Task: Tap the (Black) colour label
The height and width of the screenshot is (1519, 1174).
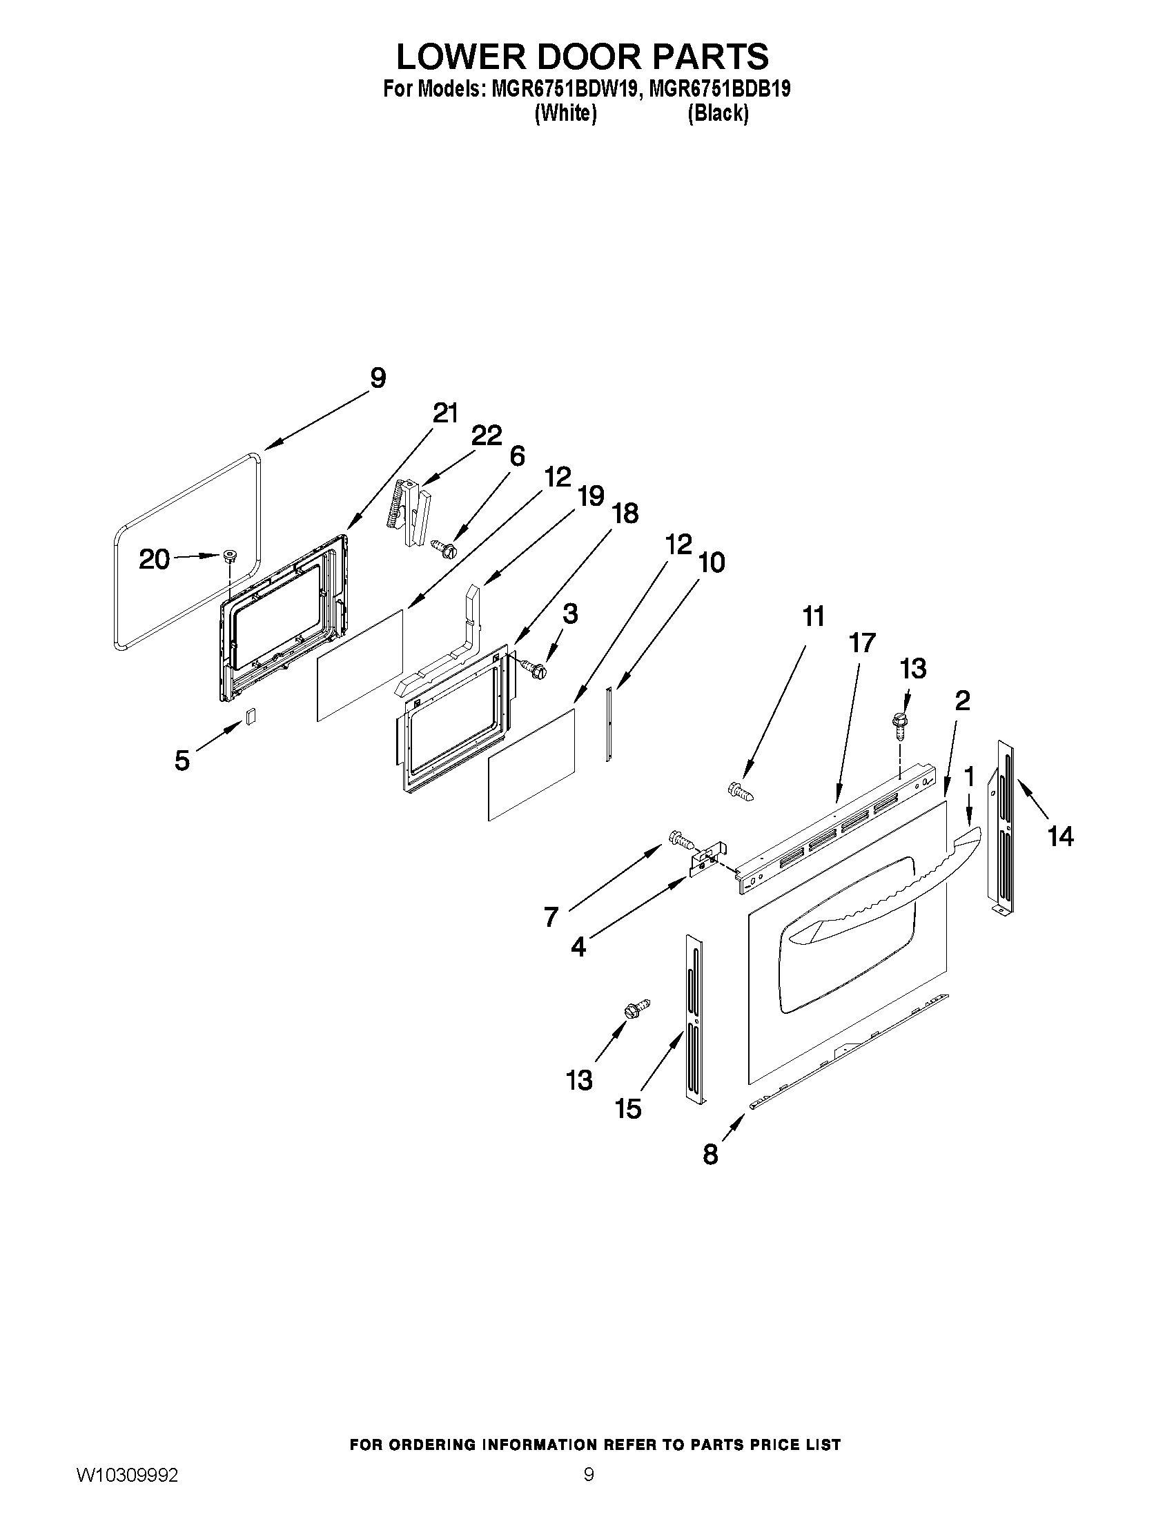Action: [x=718, y=113]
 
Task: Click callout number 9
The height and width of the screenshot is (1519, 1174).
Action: [x=378, y=378]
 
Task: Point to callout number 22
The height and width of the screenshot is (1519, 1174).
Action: [x=486, y=436]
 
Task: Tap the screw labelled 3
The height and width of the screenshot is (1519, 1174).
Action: [x=536, y=669]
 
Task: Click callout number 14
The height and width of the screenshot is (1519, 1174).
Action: [x=1061, y=836]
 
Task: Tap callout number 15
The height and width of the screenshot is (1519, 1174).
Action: [x=628, y=1108]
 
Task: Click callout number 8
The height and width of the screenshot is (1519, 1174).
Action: [x=710, y=1155]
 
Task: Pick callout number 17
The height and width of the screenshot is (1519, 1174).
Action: [x=862, y=643]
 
